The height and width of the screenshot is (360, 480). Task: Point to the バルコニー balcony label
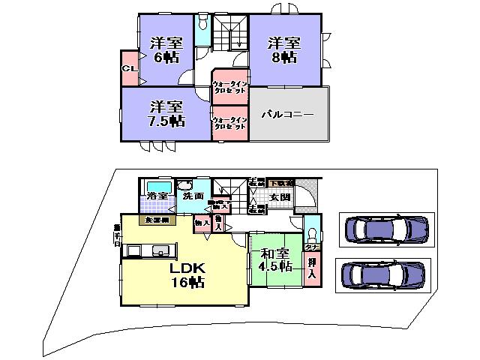(x=287, y=115)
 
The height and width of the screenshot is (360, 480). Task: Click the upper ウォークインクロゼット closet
(x=229, y=87)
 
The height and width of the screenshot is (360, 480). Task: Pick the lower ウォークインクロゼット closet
(x=229, y=123)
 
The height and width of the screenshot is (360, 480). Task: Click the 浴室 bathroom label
(x=156, y=197)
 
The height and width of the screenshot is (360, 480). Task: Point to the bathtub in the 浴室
(x=157, y=186)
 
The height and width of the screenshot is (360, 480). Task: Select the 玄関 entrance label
(x=280, y=197)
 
